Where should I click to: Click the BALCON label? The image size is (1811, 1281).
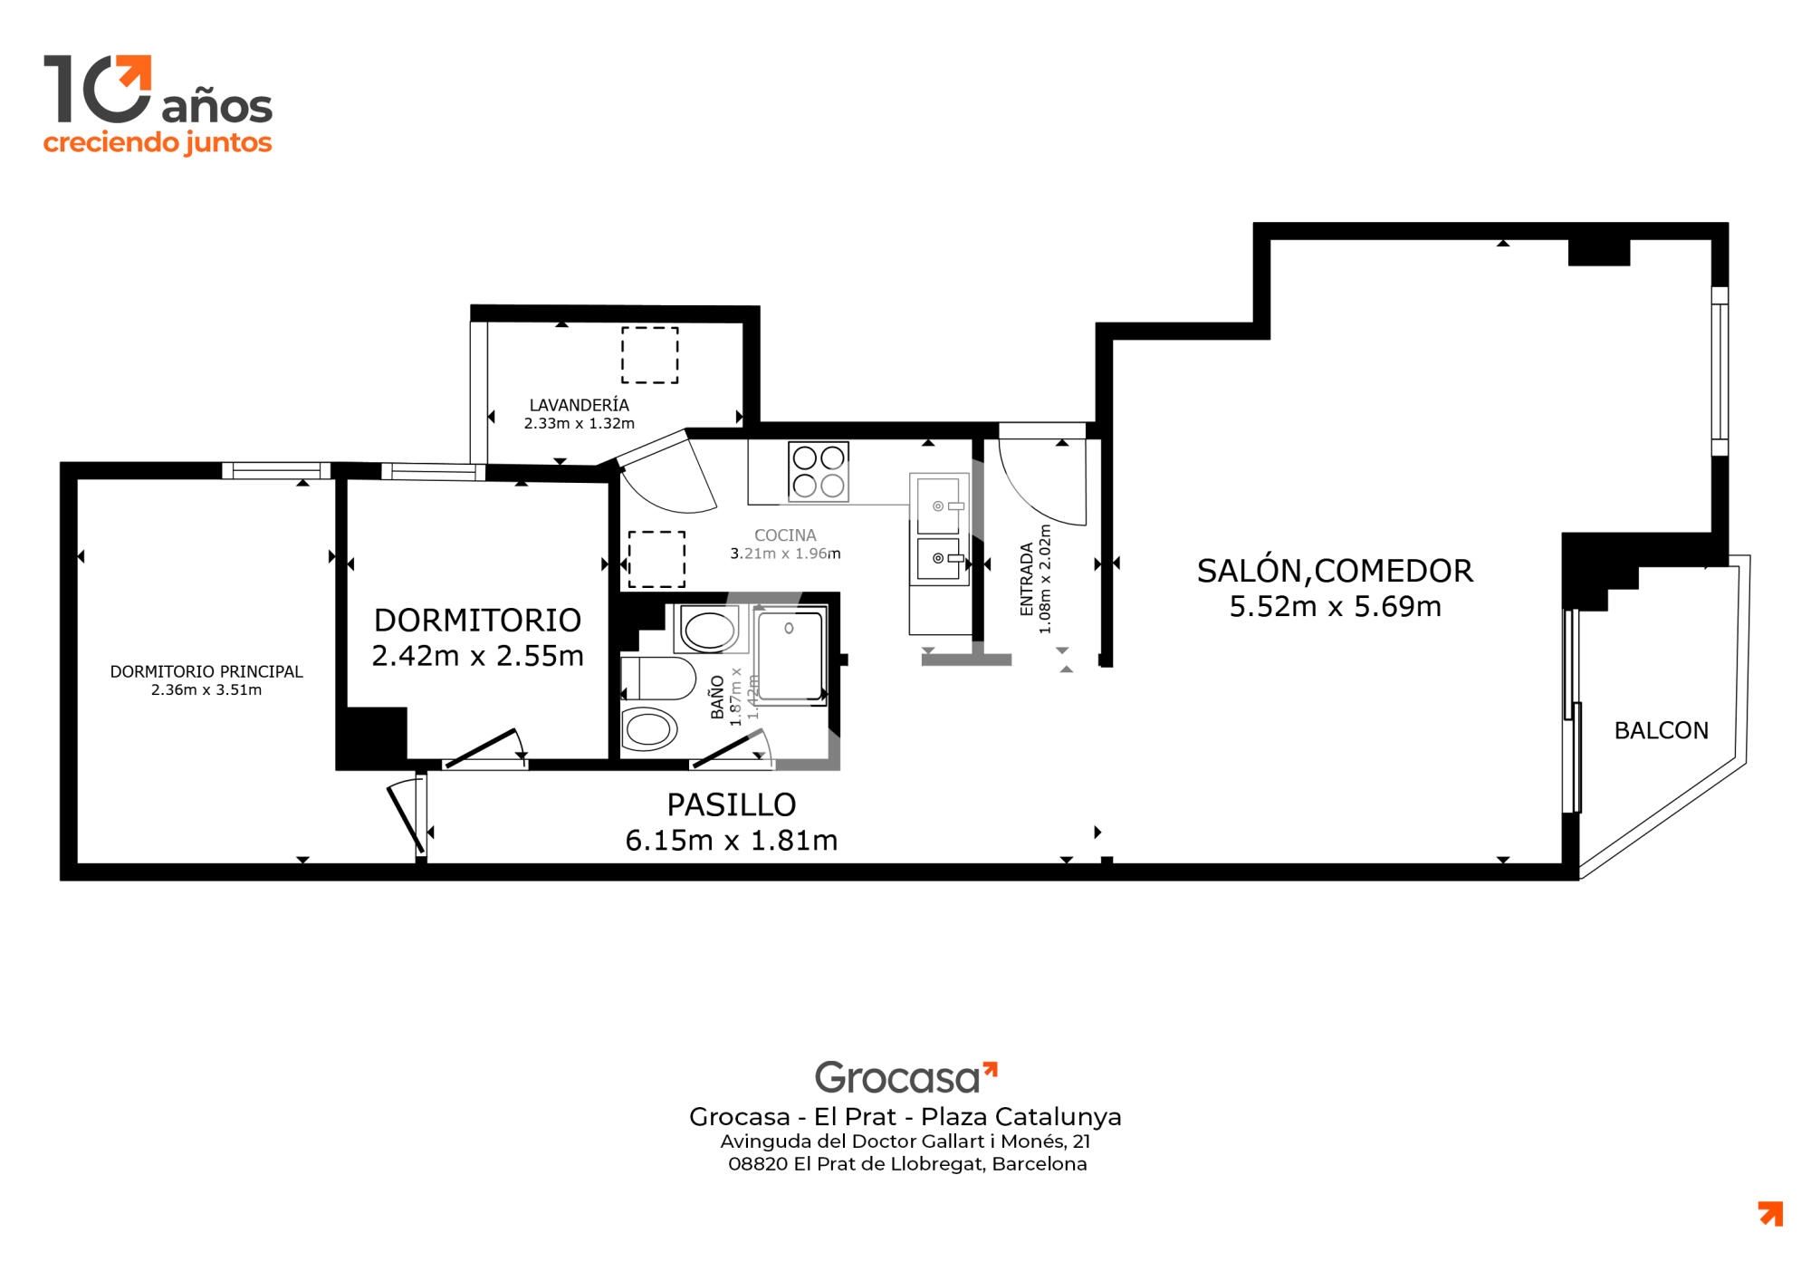1661,730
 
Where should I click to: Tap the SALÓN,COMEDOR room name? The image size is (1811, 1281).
1335,571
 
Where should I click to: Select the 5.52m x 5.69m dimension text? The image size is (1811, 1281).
1335,606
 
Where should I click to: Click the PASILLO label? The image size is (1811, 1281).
732,804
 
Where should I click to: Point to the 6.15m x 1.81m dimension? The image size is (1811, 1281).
732,840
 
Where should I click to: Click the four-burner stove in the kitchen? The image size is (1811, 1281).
819,471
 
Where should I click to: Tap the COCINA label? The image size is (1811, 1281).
785,535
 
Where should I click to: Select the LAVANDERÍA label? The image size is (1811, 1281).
579,405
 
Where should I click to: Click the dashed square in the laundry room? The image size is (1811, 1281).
649,355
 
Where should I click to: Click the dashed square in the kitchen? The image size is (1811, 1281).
656,559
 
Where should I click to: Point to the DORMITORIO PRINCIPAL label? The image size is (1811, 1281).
206,671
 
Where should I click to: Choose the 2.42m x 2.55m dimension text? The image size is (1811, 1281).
478,655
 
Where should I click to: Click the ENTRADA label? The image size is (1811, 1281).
1027,579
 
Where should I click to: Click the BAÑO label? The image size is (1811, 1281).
717,698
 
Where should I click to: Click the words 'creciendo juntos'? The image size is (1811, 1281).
158,143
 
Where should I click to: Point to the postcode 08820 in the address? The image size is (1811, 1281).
758,1164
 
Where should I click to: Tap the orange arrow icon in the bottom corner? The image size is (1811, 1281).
1770,1214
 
